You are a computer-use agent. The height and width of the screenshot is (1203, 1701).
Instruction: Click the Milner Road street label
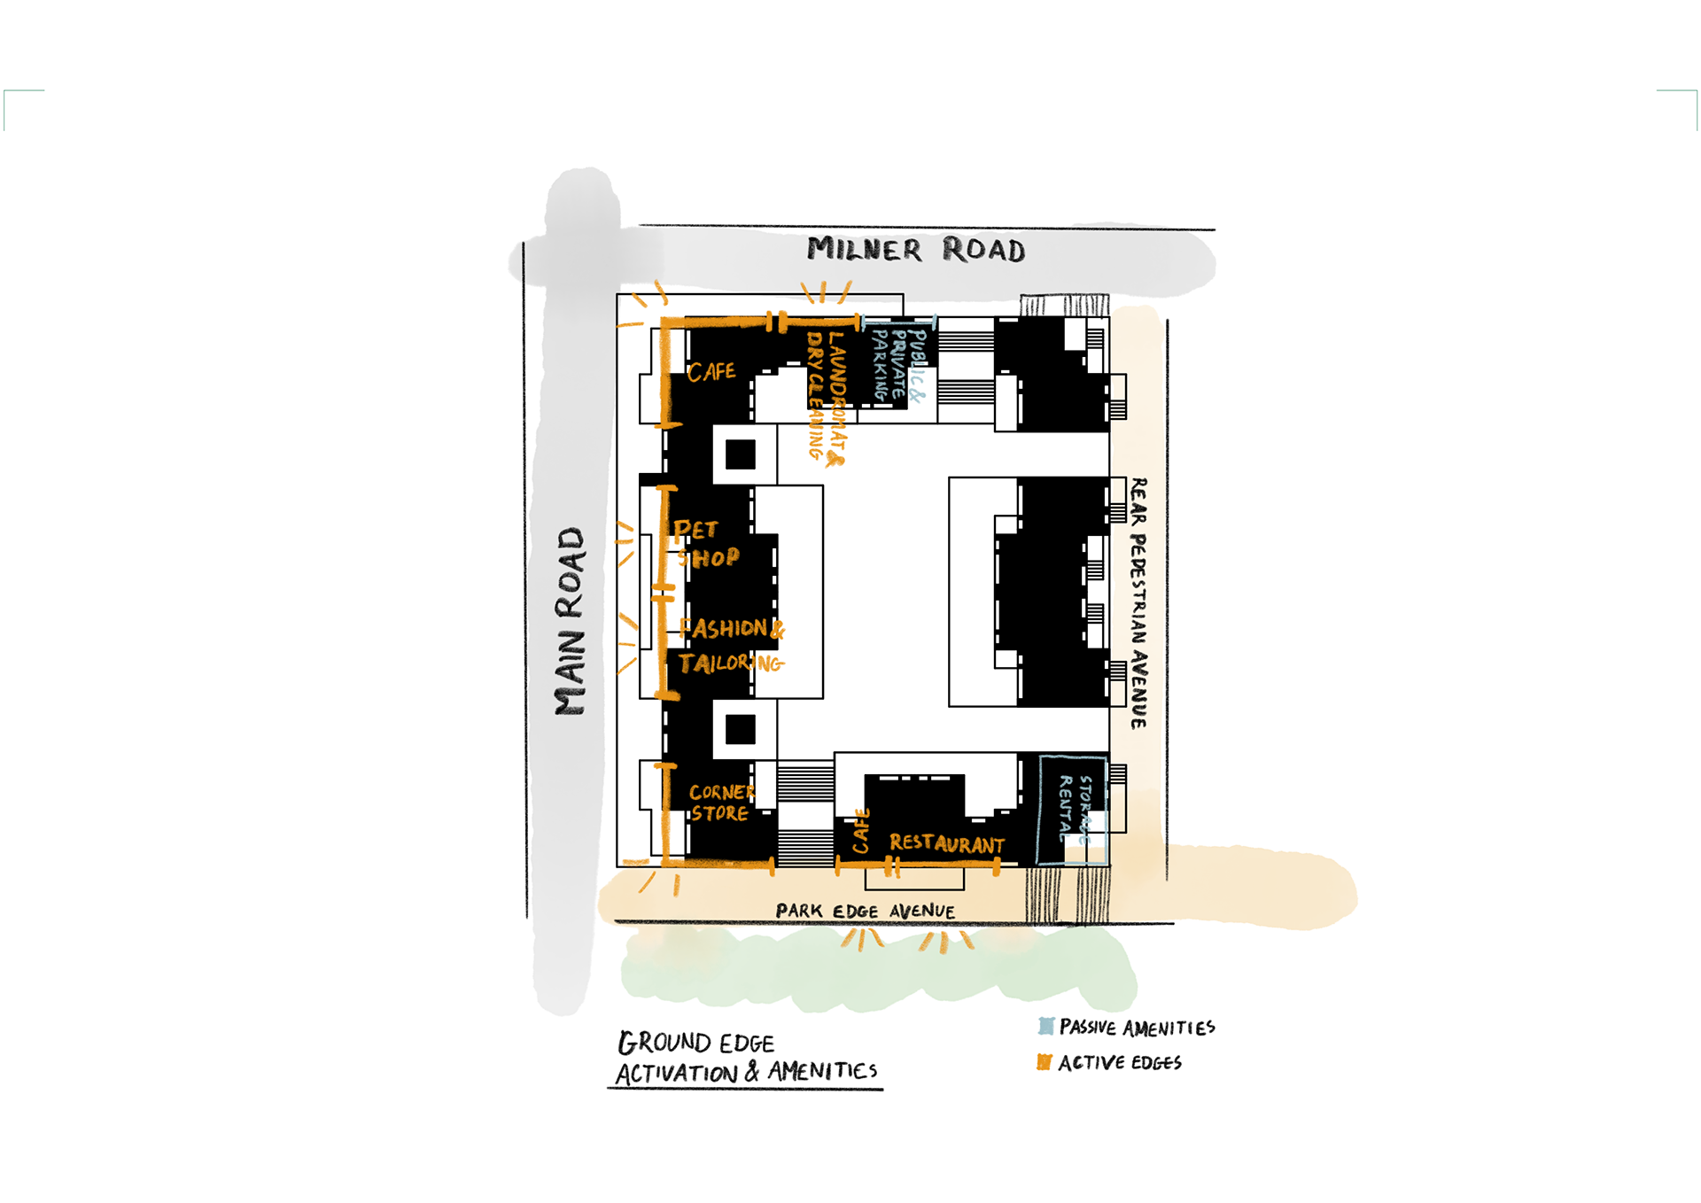(915, 250)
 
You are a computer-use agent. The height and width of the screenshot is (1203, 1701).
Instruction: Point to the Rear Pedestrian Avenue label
(1138, 602)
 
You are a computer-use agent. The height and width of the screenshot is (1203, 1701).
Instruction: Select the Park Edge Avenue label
(865, 911)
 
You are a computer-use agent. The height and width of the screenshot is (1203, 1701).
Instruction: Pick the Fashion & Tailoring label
(731, 646)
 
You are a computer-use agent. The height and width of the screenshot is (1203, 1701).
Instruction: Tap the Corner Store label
(720, 803)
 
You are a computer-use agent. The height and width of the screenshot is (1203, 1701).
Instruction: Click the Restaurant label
(946, 843)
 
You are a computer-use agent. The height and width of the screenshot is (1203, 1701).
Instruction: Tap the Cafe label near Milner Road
(711, 372)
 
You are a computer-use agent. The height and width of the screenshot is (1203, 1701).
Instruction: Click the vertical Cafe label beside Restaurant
(860, 831)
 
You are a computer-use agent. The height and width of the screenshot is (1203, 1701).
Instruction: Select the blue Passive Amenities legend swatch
(1046, 1027)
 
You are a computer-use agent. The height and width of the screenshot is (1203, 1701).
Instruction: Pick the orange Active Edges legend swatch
(1045, 1062)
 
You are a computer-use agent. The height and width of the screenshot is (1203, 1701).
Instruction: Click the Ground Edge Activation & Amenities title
(746, 1058)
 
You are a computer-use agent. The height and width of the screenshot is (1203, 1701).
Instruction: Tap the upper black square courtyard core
(740, 454)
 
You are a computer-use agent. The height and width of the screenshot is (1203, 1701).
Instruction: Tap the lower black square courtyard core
(740, 730)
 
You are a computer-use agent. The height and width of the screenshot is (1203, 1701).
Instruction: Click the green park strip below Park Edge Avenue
(877, 970)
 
